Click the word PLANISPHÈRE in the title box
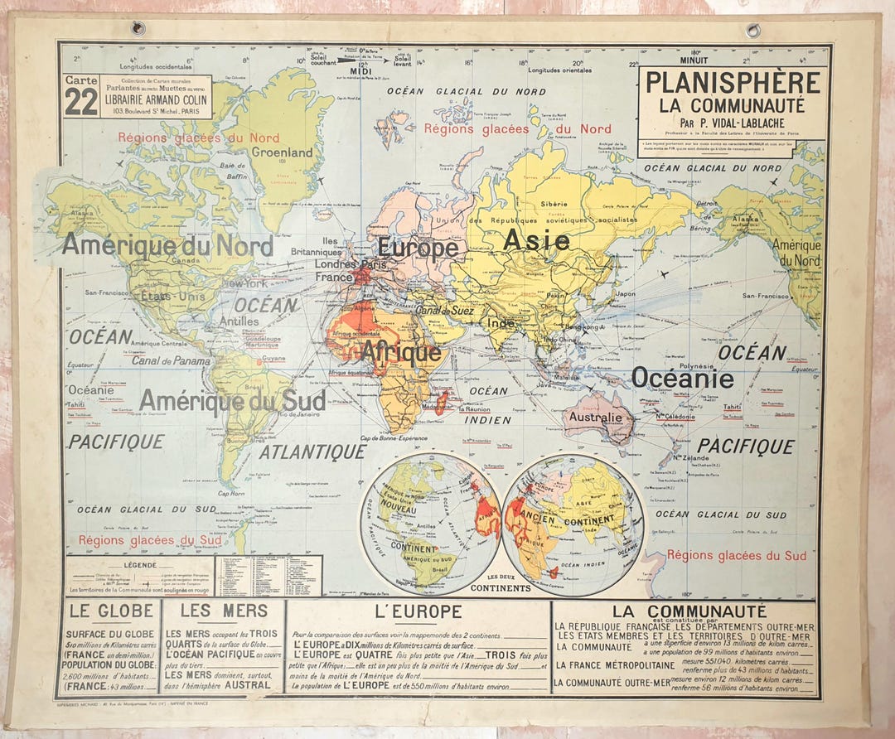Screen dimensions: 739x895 pyautogui.click(x=733, y=83)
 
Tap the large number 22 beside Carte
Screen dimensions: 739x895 pyautogui.click(x=80, y=103)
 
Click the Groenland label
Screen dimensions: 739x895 pyautogui.click(x=283, y=152)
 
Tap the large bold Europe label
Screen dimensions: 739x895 pyautogui.click(x=418, y=247)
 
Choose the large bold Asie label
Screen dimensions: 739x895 pyautogui.click(x=537, y=240)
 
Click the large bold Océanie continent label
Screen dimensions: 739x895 pyautogui.click(x=682, y=378)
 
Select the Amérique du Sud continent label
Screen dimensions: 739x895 pyautogui.click(x=232, y=401)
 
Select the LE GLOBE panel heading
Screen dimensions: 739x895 pyautogui.click(x=112, y=611)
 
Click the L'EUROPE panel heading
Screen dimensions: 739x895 pyautogui.click(x=418, y=612)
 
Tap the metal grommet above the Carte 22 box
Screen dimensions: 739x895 pyautogui.click(x=138, y=29)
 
